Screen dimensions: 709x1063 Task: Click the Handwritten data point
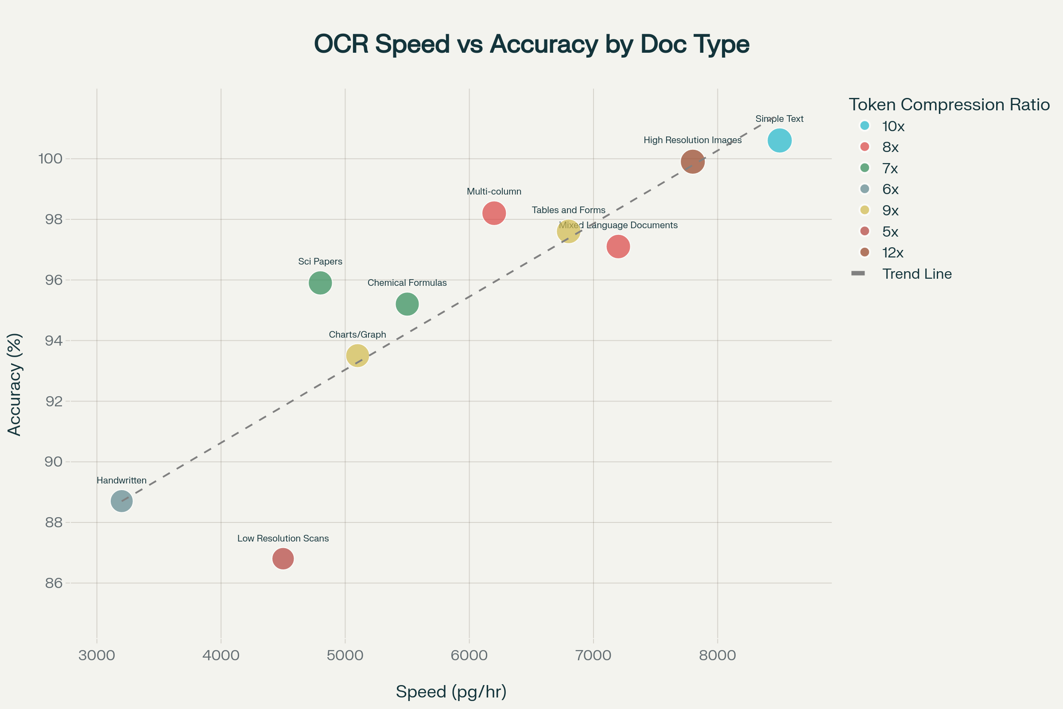[x=121, y=501]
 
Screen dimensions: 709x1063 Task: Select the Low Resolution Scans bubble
[x=283, y=559]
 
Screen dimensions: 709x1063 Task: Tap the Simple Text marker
[x=779, y=140]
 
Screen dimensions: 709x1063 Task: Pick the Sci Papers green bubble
[x=320, y=283]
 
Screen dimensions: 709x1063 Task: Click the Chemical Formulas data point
[x=407, y=304]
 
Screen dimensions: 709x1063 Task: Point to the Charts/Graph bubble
[x=357, y=356]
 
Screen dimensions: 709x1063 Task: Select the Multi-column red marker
[x=494, y=213]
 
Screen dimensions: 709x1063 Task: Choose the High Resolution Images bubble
[x=692, y=161]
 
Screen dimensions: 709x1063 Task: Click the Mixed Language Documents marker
[x=618, y=246]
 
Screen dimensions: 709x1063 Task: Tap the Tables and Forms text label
[x=568, y=210]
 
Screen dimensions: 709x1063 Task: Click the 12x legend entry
[x=892, y=252]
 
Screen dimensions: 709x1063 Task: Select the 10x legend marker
[x=865, y=126]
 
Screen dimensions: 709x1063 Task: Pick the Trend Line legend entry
[x=916, y=273]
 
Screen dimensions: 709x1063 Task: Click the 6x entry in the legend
[x=890, y=189]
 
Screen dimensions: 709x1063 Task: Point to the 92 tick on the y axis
[x=54, y=401]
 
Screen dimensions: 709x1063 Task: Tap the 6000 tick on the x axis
[x=469, y=655]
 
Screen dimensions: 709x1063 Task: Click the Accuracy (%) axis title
[x=15, y=384]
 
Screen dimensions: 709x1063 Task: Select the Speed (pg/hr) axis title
[x=451, y=691]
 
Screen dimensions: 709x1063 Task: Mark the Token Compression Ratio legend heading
[x=949, y=105]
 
